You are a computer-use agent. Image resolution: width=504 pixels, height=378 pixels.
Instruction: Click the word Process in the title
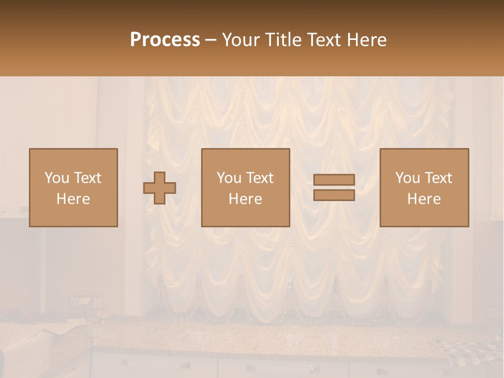pos(165,40)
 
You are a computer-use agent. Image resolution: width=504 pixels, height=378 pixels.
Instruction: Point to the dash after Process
pos(211,40)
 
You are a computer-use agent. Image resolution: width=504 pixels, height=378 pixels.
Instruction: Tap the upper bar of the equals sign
pos(334,180)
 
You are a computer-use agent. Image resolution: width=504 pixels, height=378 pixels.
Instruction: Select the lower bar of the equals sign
pos(334,195)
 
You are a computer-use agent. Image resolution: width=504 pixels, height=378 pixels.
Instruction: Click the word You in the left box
pos(57,178)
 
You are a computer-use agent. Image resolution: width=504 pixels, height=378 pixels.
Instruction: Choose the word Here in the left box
pos(73,199)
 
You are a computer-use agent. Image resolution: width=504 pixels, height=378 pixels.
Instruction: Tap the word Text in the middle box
pos(260,178)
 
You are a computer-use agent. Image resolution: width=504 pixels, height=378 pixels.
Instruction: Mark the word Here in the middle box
pos(245,199)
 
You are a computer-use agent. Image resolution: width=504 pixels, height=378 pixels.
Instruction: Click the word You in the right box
pos(407,178)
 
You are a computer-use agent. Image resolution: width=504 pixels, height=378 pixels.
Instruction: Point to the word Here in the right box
pos(424,199)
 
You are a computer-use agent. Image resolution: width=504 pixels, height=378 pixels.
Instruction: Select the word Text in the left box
pos(88,178)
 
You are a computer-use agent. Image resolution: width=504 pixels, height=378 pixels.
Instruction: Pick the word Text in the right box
pos(438,178)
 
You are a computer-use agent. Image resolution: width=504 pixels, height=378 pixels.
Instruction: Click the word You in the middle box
pos(229,178)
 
